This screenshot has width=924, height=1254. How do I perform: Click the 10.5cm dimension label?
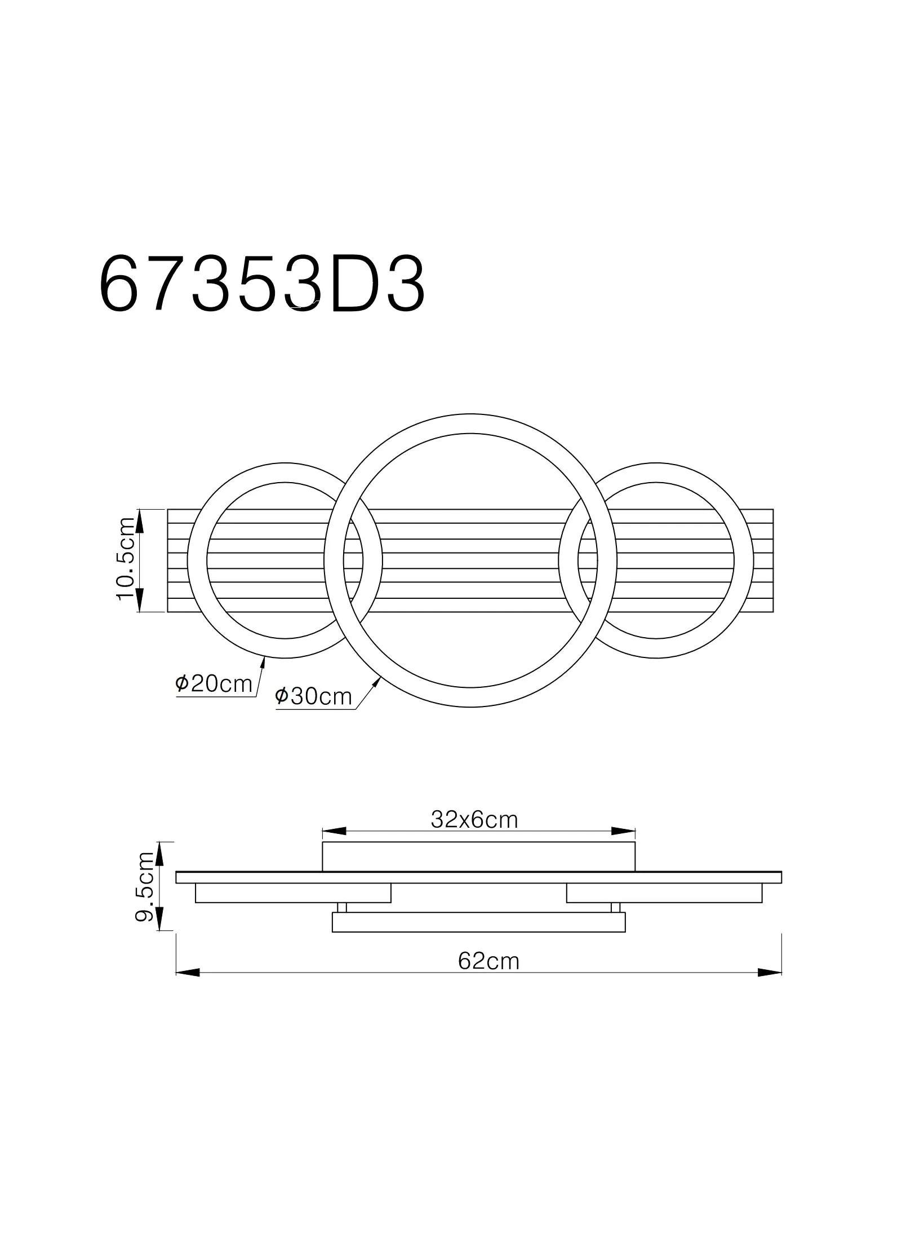pos(126,559)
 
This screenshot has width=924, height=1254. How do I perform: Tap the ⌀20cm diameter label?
pos(214,685)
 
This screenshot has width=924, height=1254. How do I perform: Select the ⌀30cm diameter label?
pos(313,697)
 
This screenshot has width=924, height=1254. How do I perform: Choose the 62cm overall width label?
pos(488,961)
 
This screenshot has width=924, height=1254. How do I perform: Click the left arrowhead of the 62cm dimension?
pos(188,973)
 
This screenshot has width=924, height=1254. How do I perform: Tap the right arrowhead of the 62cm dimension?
pos(769,973)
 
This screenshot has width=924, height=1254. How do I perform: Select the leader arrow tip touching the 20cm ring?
pos(263,660)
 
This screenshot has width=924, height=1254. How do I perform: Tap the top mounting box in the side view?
pos(478,856)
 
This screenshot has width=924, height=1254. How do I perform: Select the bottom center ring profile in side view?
pos(478,922)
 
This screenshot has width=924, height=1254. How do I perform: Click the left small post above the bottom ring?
pos(342,907)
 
